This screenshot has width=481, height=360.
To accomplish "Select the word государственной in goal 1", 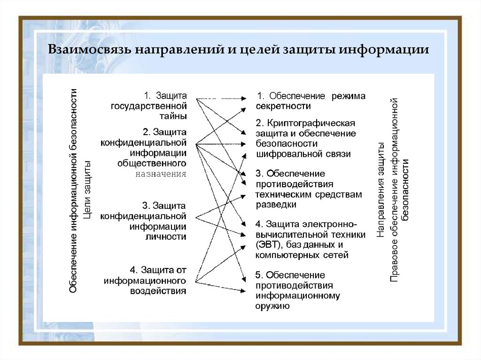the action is [x=149, y=106].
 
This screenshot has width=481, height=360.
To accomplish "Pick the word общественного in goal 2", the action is [x=152, y=163].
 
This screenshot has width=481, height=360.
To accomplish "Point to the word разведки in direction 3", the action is [x=276, y=205].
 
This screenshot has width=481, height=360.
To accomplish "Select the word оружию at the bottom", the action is [x=272, y=306].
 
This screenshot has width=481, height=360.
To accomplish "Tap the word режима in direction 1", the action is [x=349, y=96].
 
